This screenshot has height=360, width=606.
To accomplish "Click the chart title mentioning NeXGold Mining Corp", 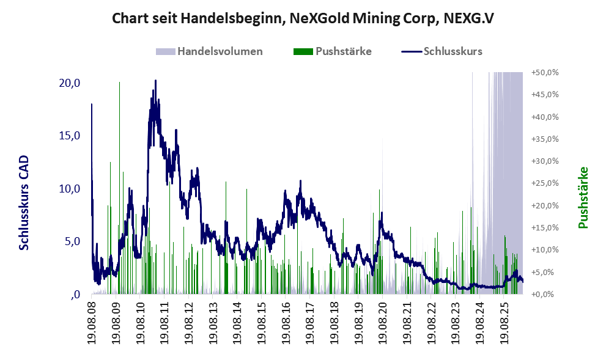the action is pos(303,18).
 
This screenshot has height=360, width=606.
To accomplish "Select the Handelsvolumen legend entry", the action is pos(209,51).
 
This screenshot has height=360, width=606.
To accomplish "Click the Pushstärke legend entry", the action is pos(333,51).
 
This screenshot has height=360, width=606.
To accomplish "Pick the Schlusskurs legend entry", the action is pos(442,51).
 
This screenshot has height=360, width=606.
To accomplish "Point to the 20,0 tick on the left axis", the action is pos(69,83).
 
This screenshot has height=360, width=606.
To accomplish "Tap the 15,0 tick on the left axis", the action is pos(69,136).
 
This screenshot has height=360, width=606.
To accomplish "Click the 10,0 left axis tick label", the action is pos(69,188).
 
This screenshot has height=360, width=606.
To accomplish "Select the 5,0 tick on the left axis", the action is pos(72,241).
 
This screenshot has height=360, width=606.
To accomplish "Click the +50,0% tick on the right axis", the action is pos(545,73).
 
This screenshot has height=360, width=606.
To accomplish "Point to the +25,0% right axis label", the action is pos(545,183).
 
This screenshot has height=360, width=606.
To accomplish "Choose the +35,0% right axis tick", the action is pos(545,139).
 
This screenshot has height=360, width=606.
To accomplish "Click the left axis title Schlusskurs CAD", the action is pos(24,203).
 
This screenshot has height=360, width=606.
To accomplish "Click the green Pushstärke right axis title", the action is pos(583,197).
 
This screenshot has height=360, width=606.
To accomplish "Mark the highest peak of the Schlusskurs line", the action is pos(155,81).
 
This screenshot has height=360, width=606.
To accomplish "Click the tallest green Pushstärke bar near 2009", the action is pos(119,188).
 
